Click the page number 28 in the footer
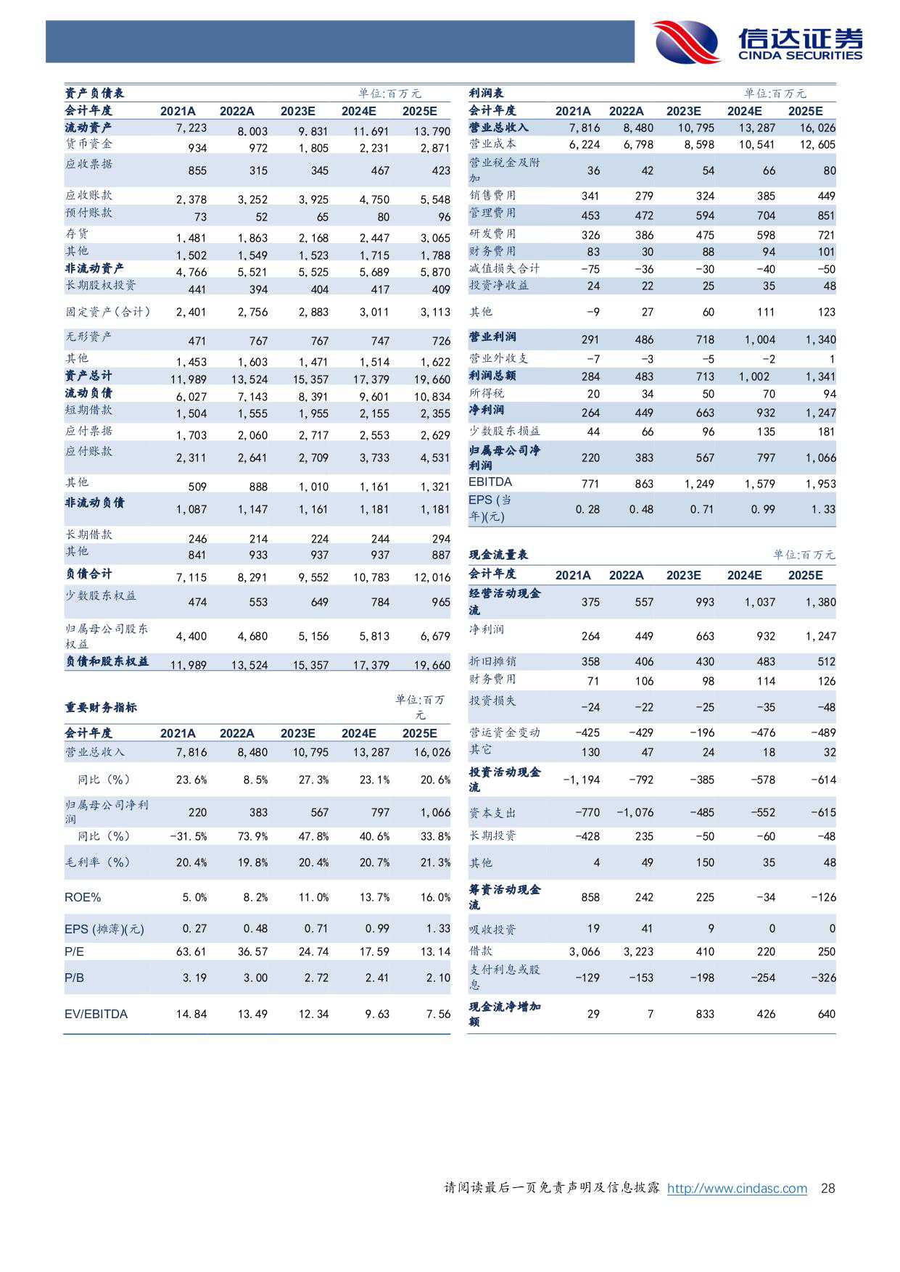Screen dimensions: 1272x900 pyautogui.click(x=827, y=1188)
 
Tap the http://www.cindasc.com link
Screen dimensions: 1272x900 pyautogui.click(x=737, y=1188)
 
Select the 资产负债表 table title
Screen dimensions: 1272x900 pyautogui.click(x=94, y=93)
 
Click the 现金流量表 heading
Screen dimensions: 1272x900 pyautogui.click(x=498, y=555)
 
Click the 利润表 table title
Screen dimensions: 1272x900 pyautogui.click(x=487, y=93)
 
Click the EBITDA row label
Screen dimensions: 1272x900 pyautogui.click(x=490, y=482)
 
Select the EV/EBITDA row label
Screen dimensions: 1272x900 pyautogui.click(x=96, y=1014)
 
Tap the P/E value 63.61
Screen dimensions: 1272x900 pyautogui.click(x=191, y=951)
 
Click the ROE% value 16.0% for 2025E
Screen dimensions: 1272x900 pyautogui.click(x=435, y=897)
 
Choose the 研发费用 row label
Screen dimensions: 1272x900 pyautogui.click(x=492, y=234)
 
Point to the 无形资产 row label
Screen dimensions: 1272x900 pyautogui.click(x=88, y=336)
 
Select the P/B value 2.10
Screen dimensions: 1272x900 pyautogui.click(x=438, y=978)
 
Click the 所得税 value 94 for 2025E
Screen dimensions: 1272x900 pyautogui.click(x=829, y=394)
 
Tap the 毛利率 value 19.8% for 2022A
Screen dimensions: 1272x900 pyautogui.click(x=252, y=862)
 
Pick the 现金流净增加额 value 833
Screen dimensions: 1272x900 pyautogui.click(x=705, y=1014)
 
